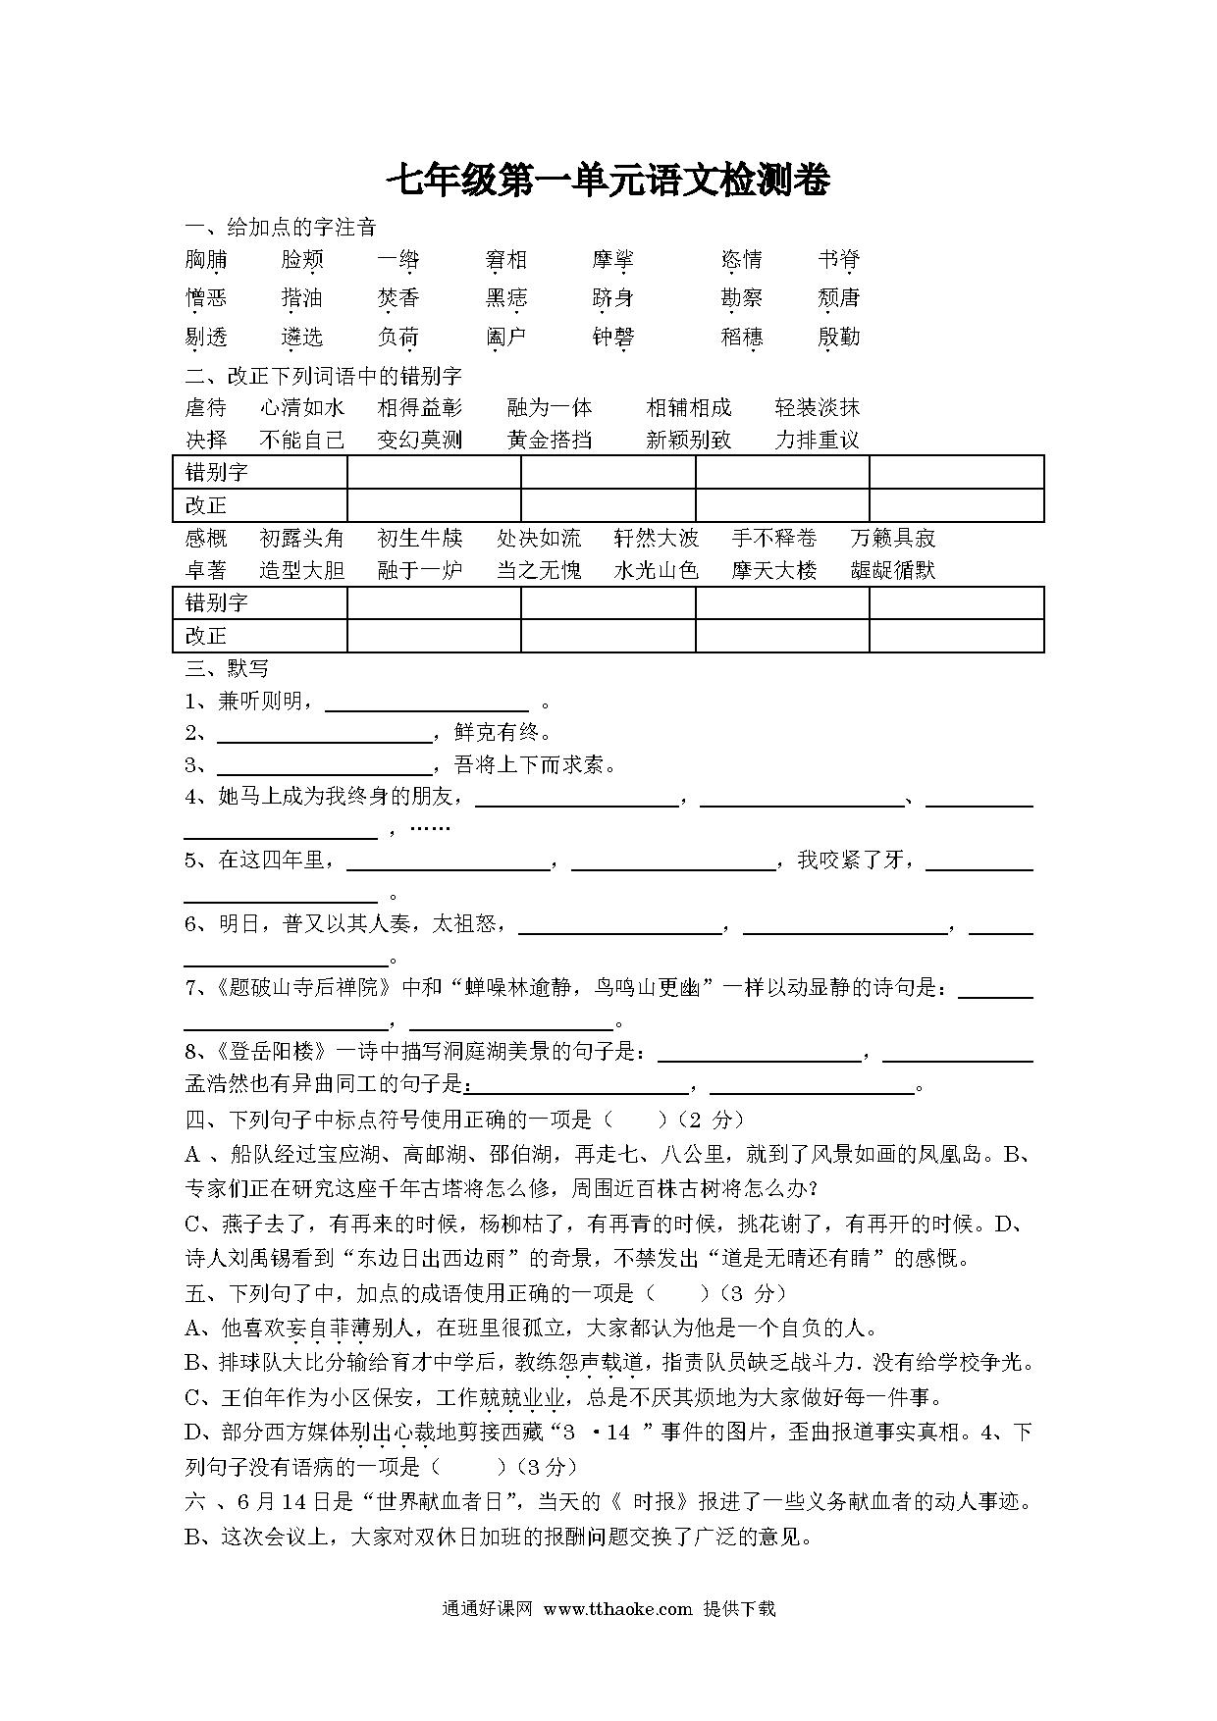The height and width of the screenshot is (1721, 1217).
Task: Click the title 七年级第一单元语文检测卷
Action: click(x=608, y=181)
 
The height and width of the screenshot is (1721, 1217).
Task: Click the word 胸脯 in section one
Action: click(x=206, y=260)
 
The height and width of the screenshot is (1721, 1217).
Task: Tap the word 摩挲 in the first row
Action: click(x=613, y=260)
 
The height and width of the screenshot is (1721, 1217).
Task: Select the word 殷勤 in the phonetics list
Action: click(x=838, y=338)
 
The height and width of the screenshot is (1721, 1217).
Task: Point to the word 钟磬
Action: click(x=613, y=338)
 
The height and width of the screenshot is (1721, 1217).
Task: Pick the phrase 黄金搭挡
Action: click(x=550, y=440)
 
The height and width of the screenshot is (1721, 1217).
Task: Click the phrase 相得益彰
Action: click(x=420, y=408)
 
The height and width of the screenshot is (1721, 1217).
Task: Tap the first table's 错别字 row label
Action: click(x=217, y=473)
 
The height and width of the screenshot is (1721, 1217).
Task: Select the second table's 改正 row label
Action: click(x=206, y=636)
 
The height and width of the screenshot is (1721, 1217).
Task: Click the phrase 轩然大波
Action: click(x=656, y=538)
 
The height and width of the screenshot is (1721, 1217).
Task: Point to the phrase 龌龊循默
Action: click(x=893, y=570)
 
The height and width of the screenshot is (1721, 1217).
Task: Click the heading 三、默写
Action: click(x=227, y=669)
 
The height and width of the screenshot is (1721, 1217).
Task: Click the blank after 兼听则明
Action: click(x=427, y=703)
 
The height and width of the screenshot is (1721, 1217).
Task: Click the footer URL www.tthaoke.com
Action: click(x=617, y=1609)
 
